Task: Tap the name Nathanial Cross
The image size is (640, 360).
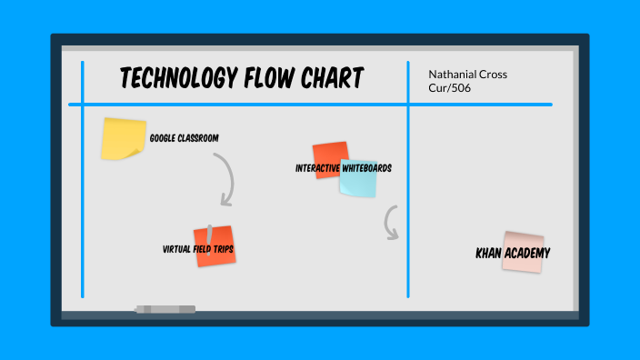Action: (x=467, y=74)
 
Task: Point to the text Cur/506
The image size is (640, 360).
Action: (x=450, y=87)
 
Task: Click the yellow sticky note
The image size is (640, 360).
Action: (x=123, y=138)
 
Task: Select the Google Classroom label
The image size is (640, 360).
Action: (x=184, y=138)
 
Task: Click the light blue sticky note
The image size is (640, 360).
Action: (x=358, y=180)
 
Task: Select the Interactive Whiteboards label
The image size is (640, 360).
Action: (x=344, y=168)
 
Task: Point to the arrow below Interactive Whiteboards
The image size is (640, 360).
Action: (x=391, y=223)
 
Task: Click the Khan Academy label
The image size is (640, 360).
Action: (x=513, y=253)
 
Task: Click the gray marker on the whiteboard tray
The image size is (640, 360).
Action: (x=165, y=310)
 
